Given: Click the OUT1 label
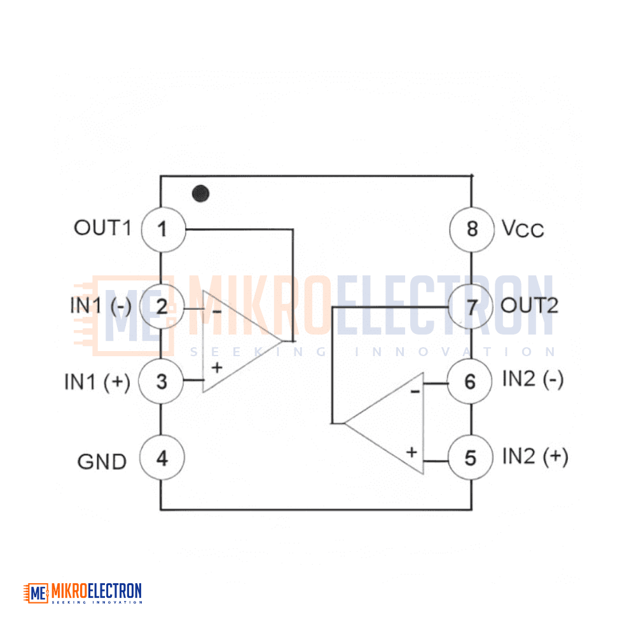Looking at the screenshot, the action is point(102,228).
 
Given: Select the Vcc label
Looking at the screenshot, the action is point(522,229).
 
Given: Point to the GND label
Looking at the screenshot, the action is point(102,462).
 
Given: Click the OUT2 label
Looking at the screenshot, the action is point(529,305).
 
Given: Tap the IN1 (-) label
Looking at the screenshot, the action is point(100,306).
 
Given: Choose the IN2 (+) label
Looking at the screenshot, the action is point(535,456).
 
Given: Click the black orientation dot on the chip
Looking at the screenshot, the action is point(201,193).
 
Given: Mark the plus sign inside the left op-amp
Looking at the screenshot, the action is point(217,368).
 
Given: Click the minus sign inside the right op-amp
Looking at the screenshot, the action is point(415,391).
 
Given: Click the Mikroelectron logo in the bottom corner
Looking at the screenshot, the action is point(83,593).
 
